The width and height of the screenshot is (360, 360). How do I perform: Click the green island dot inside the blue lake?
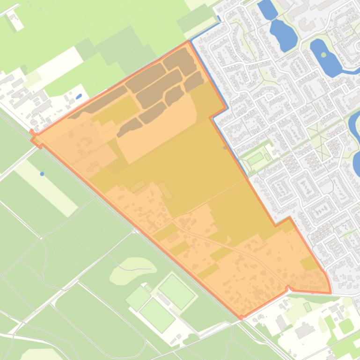(324, 55)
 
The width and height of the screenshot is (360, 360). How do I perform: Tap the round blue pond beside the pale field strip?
(42, 174)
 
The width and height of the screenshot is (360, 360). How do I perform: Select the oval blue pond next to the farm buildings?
(79, 97)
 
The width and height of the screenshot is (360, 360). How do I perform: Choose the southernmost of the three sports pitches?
(157, 315)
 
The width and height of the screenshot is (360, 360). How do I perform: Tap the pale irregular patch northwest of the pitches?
(133, 271)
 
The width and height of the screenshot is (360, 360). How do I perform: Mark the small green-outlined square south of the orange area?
(307, 307)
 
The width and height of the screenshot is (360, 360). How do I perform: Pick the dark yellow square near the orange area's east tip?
(309, 263)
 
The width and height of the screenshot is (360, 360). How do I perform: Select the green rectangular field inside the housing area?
(255, 158)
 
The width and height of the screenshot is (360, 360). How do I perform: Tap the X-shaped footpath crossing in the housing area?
(322, 140)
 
